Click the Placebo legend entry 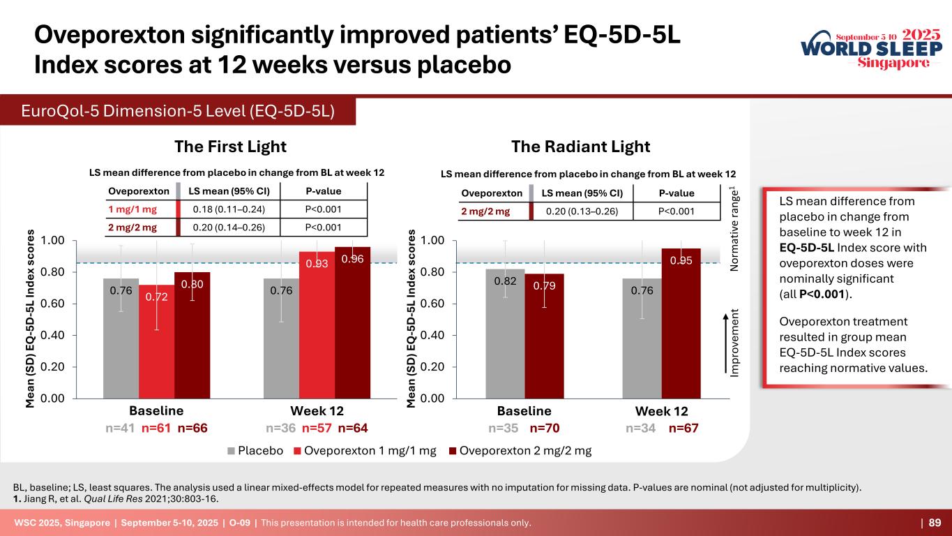point(255,450)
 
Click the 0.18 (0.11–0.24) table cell point(227,209)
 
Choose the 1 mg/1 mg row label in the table point(133,209)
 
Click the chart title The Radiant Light point(580,147)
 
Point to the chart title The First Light point(230,147)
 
